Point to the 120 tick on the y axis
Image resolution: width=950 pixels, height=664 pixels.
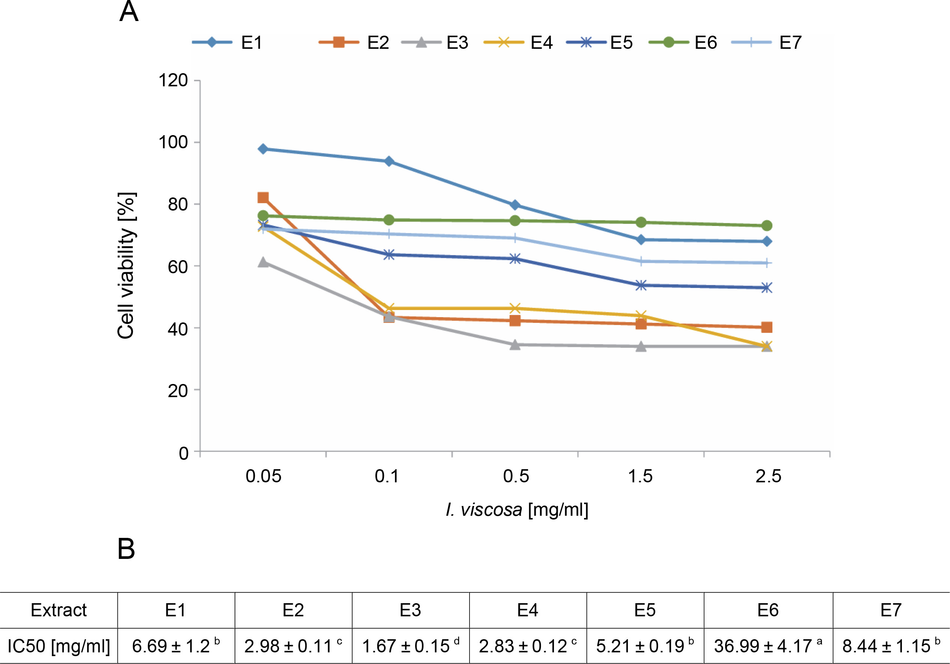click(173, 80)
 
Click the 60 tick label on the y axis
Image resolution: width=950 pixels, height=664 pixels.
click(178, 267)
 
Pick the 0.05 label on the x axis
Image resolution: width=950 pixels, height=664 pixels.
click(263, 476)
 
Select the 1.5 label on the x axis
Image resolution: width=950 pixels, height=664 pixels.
click(640, 476)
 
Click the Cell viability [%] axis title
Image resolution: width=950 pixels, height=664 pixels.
click(126, 266)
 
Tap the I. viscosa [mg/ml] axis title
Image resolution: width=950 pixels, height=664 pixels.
click(517, 510)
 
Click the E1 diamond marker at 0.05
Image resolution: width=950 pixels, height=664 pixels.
click(263, 149)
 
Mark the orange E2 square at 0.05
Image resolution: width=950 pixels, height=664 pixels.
click(263, 197)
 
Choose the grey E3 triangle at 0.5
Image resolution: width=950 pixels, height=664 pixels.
click(515, 345)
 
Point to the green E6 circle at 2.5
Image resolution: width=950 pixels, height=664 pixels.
click(767, 226)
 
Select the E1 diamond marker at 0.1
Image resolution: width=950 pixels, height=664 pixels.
click(389, 161)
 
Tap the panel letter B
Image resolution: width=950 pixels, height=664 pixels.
click(126, 549)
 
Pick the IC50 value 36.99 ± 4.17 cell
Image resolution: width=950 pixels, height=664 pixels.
click(768, 646)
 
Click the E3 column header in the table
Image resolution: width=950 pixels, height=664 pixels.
click(411, 610)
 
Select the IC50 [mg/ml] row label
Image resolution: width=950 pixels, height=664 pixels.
click(59, 646)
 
